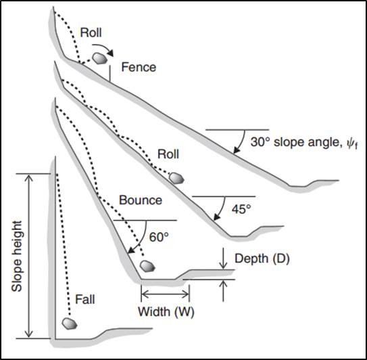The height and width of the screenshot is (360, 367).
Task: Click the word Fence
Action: (x=139, y=67)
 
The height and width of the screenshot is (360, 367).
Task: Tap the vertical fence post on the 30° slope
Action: (x=109, y=73)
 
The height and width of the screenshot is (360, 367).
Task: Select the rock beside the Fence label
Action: (x=100, y=58)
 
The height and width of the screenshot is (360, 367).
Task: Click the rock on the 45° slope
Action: (x=176, y=179)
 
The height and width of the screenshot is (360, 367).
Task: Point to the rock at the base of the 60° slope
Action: (x=147, y=266)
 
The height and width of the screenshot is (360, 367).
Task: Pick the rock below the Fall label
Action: (x=70, y=323)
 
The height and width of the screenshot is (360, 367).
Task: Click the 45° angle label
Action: (x=241, y=209)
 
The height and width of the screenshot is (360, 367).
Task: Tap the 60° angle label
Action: (x=159, y=237)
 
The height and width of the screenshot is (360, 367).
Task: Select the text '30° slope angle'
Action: (x=293, y=142)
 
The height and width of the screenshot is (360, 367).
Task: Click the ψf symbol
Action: (x=351, y=143)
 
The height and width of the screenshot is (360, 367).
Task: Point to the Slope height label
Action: (x=17, y=256)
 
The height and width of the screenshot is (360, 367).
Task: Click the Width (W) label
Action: (x=166, y=312)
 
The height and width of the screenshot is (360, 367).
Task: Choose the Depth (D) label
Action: (x=262, y=258)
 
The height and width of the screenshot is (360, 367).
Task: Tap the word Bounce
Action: (x=141, y=200)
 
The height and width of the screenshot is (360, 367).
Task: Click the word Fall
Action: (x=85, y=300)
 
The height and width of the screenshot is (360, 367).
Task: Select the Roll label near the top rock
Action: (x=91, y=32)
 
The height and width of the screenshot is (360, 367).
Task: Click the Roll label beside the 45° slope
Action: (x=168, y=154)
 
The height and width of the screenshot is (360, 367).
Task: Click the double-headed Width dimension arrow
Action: (x=165, y=294)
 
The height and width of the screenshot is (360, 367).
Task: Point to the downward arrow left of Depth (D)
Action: (x=224, y=258)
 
